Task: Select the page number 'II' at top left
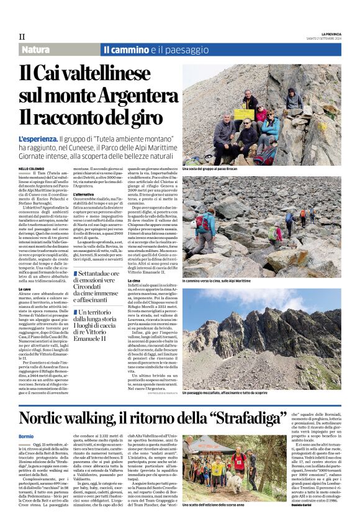[x=22, y=37]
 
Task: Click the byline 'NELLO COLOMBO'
[x=32, y=168]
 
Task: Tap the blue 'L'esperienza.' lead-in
[x=38, y=139]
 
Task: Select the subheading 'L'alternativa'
[x=84, y=194]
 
